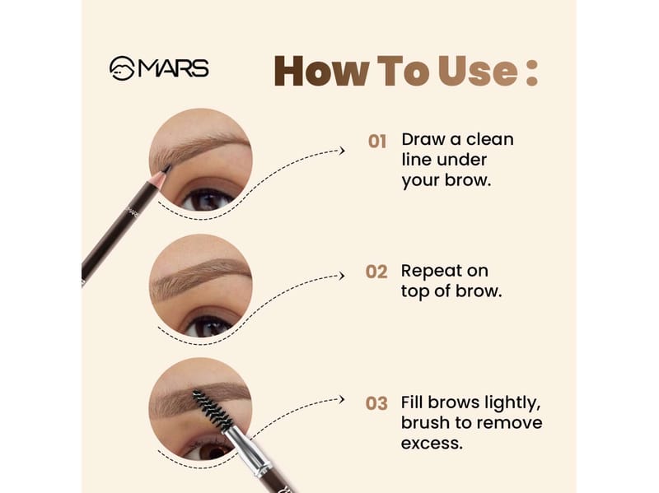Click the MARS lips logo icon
[x=122, y=68]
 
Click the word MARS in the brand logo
[x=173, y=68]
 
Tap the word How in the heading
[x=321, y=71]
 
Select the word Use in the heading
[x=478, y=71]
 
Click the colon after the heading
[x=531, y=72]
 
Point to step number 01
[x=377, y=142]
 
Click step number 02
[x=376, y=272]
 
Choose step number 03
[x=376, y=403]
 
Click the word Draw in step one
[x=423, y=139]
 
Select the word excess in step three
[x=432, y=444]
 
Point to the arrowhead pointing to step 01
[x=342, y=151]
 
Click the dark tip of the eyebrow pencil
[x=167, y=169]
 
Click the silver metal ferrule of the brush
[x=248, y=450]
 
